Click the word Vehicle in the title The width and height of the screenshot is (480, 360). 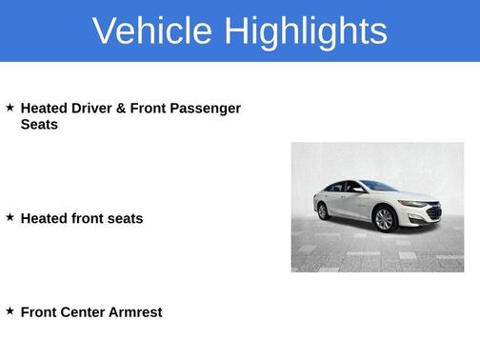pyautogui.click(x=151, y=30)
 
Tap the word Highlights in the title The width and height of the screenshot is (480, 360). pyautogui.click(x=304, y=30)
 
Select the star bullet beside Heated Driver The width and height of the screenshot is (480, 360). pyautogui.click(x=10, y=108)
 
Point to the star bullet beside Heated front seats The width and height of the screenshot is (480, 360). pyautogui.click(x=10, y=217)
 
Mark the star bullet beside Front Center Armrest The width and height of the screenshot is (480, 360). pyautogui.click(x=10, y=310)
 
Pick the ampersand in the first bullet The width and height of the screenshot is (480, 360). pyautogui.click(x=121, y=109)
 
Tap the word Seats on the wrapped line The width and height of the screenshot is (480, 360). pyautogui.click(x=39, y=125)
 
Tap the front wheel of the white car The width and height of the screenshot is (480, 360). pyautogui.click(x=385, y=220)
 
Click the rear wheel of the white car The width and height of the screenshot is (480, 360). pyautogui.click(x=323, y=210)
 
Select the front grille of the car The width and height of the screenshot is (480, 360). pyautogui.click(x=433, y=213)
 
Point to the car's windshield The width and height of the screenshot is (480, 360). pyautogui.click(x=380, y=187)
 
